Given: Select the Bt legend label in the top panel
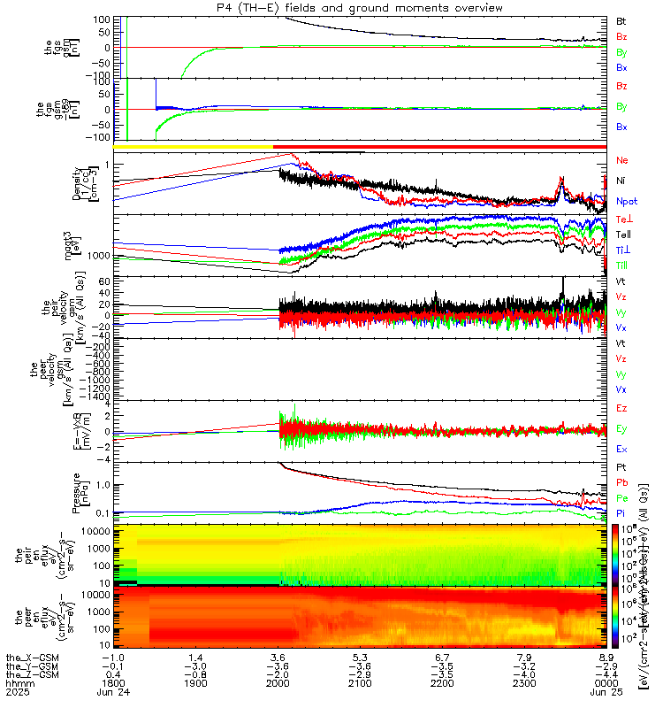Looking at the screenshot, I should pos(621,19).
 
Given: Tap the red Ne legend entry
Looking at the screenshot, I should pos(621,160).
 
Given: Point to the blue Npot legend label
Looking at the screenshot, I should pos(626,202).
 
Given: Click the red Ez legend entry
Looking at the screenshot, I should pos(621,409).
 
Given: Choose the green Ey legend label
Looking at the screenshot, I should pos(621,429).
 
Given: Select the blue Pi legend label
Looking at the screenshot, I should pos(621,512).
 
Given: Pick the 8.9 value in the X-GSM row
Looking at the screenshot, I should pos(606,658).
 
